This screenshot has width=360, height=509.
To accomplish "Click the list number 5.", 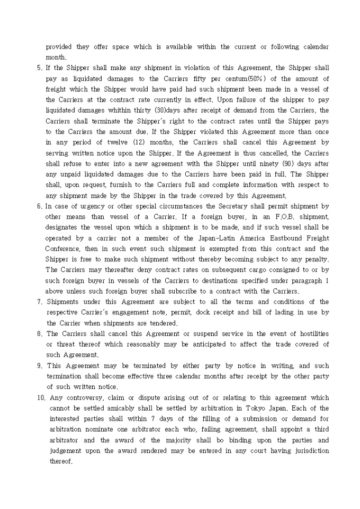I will click(x=39, y=68).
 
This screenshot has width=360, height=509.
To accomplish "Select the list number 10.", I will click(x=41, y=397).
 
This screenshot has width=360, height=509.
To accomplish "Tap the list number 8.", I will click(x=39, y=334).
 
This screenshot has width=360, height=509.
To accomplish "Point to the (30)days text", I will click(x=168, y=110).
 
